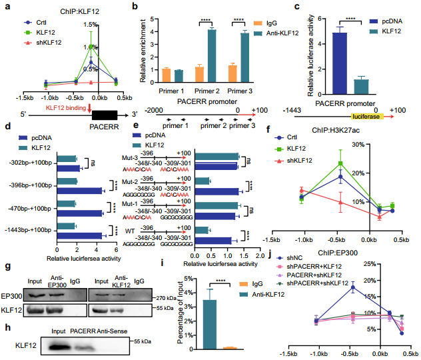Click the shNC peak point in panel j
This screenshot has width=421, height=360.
tap(352, 287)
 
